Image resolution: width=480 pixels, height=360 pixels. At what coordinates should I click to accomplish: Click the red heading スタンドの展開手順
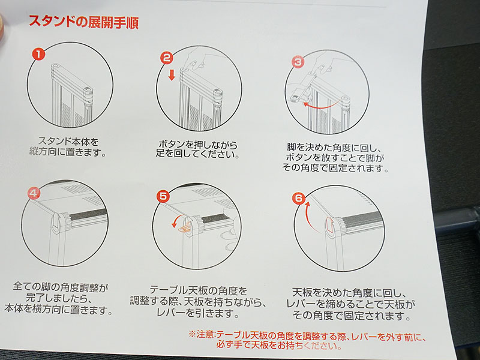tap(83, 22)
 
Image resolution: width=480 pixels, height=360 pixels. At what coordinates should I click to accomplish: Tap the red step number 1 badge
tap(38, 55)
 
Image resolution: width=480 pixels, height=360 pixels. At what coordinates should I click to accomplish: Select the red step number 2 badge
tap(167, 58)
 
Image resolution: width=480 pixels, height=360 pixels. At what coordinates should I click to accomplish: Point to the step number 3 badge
tap(298, 63)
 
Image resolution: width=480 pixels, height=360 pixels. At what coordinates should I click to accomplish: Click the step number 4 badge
tap(34, 193)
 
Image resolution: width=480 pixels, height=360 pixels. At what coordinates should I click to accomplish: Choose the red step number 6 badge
tap(298, 199)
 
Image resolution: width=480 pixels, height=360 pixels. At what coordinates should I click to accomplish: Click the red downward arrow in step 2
tap(172, 74)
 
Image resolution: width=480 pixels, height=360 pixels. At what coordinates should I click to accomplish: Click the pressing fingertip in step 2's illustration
tap(193, 64)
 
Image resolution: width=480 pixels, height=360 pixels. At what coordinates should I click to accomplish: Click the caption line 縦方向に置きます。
tap(68, 152)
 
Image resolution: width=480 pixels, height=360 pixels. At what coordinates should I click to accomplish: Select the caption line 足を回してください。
tap(197, 154)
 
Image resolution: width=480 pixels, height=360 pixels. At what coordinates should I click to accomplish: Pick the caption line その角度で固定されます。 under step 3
tap(335, 168)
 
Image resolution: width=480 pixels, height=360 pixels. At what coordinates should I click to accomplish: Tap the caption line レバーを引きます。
tap(197, 313)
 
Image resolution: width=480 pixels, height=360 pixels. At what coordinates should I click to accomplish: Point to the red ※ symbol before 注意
tap(192, 334)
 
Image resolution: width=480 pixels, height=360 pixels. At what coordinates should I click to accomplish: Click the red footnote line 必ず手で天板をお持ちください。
tap(279, 346)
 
